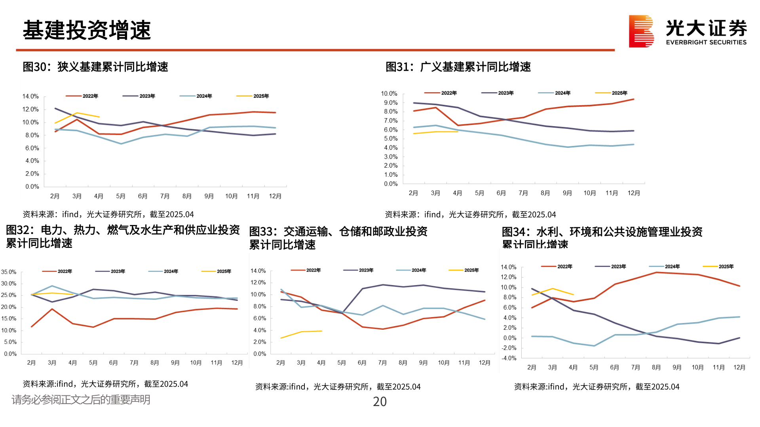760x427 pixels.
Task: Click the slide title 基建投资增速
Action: (x=87, y=30)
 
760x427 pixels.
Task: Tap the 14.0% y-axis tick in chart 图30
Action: (x=30, y=96)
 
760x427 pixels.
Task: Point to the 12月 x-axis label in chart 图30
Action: (x=275, y=196)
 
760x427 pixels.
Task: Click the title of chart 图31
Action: (x=458, y=67)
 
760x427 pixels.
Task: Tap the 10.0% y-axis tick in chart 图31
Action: (x=389, y=94)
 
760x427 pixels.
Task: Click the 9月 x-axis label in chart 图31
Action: (x=567, y=193)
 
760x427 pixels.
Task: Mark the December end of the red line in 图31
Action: (x=634, y=99)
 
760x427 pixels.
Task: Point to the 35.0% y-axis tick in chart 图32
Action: (x=9, y=272)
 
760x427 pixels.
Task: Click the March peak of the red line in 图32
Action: (x=52, y=309)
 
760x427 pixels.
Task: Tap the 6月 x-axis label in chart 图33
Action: (x=362, y=363)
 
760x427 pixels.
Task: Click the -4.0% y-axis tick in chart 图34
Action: (x=509, y=358)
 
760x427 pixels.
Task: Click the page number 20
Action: (x=380, y=402)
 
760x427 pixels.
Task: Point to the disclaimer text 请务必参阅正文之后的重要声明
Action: (x=81, y=400)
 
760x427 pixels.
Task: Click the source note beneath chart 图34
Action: (x=597, y=387)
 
